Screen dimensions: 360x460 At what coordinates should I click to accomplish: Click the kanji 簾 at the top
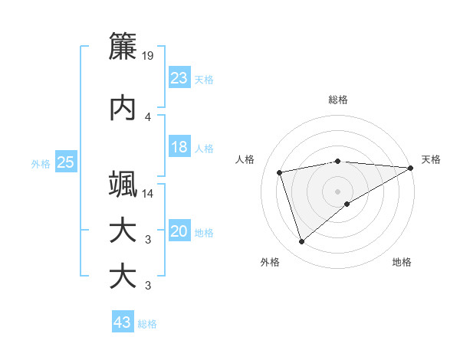123,46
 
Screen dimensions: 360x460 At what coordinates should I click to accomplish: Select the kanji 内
123,108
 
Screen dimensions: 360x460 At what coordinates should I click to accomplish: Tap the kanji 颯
123,185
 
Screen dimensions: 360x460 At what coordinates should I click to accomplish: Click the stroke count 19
149,56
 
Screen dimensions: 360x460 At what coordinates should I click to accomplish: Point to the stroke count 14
149,194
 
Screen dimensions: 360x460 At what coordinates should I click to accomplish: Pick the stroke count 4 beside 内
148,117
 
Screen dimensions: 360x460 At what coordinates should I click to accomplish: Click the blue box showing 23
179,78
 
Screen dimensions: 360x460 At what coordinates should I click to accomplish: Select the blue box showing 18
179,147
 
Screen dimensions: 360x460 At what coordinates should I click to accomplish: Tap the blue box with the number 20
179,232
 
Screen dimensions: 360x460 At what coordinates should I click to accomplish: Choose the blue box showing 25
65,162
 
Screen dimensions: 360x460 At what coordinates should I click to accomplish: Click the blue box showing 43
122,322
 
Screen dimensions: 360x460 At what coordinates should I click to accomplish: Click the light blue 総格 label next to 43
147,324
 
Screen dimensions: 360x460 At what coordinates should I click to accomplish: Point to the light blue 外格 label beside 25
40,163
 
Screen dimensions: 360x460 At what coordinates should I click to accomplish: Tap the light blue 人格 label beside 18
204,148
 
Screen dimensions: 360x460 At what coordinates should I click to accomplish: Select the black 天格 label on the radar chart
431,159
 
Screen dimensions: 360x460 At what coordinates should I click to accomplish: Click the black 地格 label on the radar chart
402,262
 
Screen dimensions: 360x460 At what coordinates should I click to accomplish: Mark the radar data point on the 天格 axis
411,169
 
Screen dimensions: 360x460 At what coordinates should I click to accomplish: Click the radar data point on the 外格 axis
301,242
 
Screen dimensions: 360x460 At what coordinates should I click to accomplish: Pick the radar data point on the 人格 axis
281,172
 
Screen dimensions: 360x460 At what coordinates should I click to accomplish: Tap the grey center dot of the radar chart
337,191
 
